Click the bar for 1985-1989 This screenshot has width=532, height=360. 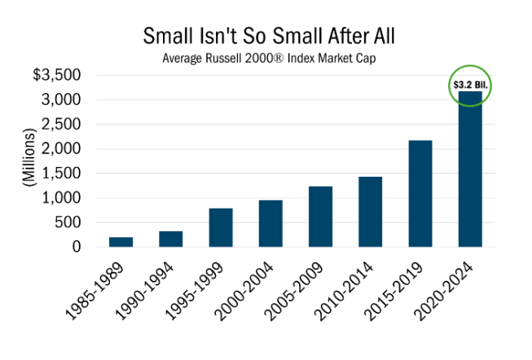[x=121, y=242]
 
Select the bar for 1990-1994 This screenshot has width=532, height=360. [x=171, y=239]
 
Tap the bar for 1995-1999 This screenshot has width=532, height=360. [x=221, y=227]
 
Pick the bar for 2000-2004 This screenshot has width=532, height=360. [x=270, y=223]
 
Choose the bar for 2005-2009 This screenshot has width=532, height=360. [x=320, y=217]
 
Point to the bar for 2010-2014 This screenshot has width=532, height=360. [x=371, y=212]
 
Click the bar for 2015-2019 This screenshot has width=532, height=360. [x=420, y=193]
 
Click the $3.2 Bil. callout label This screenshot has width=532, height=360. [x=470, y=84]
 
